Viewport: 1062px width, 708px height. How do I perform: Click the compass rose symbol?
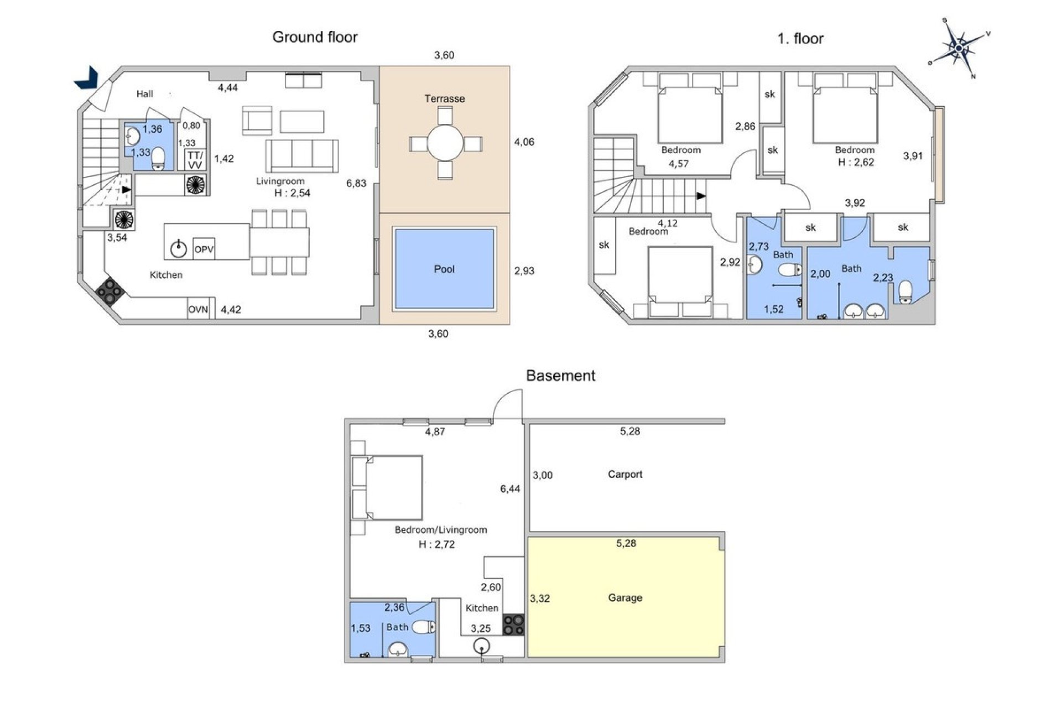point(959,48)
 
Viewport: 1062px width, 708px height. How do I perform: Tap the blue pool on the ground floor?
point(444,269)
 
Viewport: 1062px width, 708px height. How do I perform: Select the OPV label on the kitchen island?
point(204,249)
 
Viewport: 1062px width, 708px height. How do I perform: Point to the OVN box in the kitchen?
point(198,309)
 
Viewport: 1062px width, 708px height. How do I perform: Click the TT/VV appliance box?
point(195,160)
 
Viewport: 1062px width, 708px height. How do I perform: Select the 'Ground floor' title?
point(315,37)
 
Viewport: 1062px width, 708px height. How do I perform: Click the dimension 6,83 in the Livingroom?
point(356,183)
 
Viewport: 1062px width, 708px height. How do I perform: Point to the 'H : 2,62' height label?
point(856,162)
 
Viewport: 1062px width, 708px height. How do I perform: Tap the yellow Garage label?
point(624,597)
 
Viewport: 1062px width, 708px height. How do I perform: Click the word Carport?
point(624,474)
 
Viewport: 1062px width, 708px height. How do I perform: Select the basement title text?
point(560,376)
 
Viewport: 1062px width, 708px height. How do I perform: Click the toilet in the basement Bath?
point(424,627)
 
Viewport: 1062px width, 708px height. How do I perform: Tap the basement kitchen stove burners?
point(513,624)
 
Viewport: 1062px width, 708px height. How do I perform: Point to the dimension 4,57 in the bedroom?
point(678,164)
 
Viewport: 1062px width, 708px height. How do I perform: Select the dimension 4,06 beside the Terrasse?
point(524,142)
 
